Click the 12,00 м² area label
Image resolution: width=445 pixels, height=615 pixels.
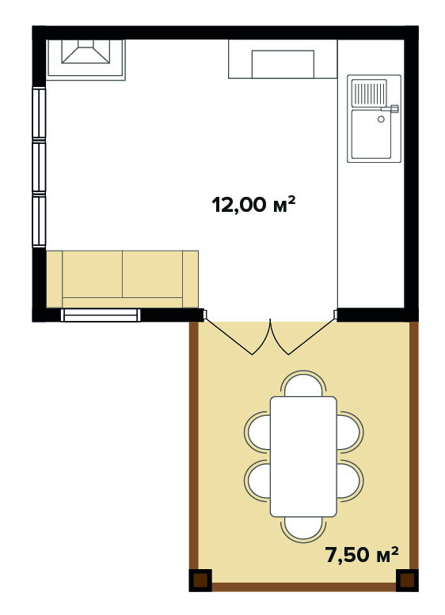(x=253, y=205)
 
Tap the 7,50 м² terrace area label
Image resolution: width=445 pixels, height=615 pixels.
(x=362, y=554)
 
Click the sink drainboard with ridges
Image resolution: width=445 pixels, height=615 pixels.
(x=369, y=93)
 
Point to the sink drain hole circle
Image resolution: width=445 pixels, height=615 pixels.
(x=381, y=119)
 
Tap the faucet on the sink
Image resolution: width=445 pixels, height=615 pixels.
(x=390, y=108)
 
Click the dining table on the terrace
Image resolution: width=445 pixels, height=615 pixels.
(x=303, y=456)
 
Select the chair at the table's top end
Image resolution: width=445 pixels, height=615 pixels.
(x=303, y=384)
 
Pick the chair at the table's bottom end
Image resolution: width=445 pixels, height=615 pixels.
(x=303, y=528)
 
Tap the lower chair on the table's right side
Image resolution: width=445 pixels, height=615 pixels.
(x=349, y=481)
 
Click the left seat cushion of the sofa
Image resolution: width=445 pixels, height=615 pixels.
(x=93, y=274)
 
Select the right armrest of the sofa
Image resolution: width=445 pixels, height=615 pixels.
(x=190, y=279)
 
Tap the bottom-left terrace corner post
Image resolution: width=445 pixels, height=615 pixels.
(x=200, y=580)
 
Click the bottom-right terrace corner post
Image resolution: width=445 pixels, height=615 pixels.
(x=407, y=580)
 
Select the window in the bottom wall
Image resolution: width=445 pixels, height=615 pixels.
(x=101, y=315)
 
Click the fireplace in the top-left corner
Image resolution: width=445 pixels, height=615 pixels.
(x=86, y=59)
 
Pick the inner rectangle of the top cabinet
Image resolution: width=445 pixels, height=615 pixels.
(x=283, y=64)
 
